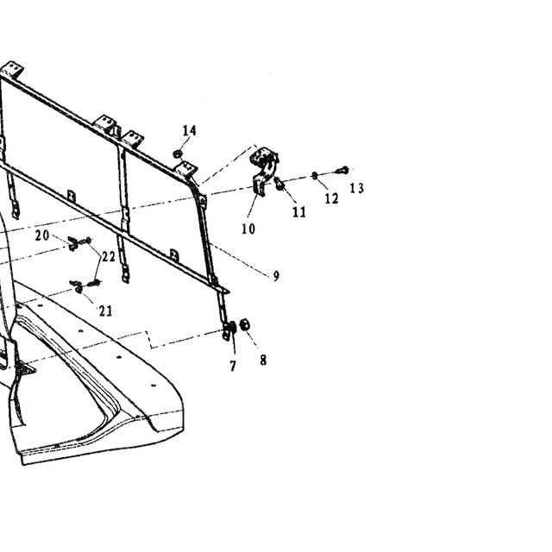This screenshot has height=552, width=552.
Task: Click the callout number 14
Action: tap(190, 131)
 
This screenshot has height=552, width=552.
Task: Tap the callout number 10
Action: tap(248, 229)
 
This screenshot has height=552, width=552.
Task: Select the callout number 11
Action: tap(299, 212)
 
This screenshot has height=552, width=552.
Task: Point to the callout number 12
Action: tap(331, 198)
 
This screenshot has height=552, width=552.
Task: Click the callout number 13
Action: tap(356, 188)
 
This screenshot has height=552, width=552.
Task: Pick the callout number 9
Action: tap(276, 276)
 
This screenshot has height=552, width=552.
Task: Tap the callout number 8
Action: tap(263, 360)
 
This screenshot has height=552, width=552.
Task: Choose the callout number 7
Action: tap(233, 366)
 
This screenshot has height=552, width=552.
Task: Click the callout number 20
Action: tap(42, 235)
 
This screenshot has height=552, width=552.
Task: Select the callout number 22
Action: tap(108, 257)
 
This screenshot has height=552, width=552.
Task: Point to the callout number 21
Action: tap(105, 310)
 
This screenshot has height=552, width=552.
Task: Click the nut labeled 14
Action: tap(178, 154)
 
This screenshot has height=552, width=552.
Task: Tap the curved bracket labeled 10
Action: tap(264, 171)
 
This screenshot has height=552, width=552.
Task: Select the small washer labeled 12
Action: tap(315, 175)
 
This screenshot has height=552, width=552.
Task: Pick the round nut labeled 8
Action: tap(244, 324)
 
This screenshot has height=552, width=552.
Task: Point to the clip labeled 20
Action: tap(73, 243)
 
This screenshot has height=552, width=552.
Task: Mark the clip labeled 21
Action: tap(78, 287)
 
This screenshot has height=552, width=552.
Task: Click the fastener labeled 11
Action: tap(279, 184)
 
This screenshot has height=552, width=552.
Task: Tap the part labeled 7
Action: tap(232, 329)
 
